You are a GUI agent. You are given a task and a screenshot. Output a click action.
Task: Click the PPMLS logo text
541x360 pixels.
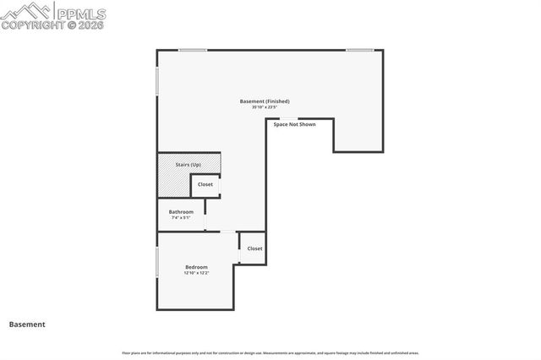click(x=82, y=12)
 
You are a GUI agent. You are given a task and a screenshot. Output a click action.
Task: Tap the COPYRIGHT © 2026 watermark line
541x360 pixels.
click(x=53, y=25)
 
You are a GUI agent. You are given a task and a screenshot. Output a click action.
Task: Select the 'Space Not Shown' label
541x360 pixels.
click(x=294, y=124)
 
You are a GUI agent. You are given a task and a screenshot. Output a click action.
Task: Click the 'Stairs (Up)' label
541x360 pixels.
click(x=188, y=164)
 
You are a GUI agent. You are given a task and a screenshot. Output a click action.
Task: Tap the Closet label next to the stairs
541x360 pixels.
click(x=205, y=184)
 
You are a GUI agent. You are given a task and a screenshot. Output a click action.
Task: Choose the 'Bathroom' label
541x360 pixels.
click(x=181, y=211)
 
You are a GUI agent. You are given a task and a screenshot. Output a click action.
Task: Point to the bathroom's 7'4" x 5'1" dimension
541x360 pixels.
click(x=181, y=217)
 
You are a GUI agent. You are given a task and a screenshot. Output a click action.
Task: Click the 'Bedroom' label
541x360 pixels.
click(x=196, y=267)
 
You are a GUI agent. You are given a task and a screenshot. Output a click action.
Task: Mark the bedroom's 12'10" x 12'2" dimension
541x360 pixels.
click(x=196, y=273)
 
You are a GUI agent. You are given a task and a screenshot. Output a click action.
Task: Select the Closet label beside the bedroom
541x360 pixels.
click(x=254, y=248)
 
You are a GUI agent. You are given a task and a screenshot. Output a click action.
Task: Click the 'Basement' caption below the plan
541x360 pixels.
click(x=27, y=324)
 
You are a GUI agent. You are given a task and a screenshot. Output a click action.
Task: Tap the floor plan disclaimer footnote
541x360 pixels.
click(x=270, y=352)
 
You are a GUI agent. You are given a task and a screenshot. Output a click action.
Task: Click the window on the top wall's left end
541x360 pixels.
click(x=192, y=50)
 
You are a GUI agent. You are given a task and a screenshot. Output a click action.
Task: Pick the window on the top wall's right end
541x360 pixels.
click(x=359, y=50)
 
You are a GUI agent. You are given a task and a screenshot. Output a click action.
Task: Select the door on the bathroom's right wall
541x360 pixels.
click(x=205, y=215)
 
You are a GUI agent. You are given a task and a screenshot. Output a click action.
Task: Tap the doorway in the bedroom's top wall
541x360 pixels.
click(x=227, y=232)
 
